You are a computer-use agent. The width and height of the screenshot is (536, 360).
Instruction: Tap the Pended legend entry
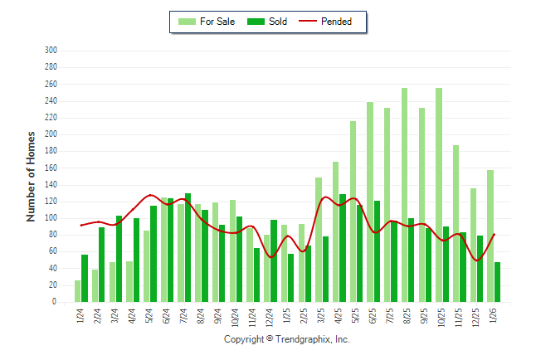click(331, 22)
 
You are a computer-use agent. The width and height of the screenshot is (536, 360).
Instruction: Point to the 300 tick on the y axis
click(51, 51)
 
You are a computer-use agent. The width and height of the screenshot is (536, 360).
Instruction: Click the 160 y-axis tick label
click(51, 168)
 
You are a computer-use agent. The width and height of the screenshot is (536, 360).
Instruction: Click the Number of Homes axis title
click(32, 176)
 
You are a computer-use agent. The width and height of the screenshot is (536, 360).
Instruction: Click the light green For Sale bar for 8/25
click(404, 195)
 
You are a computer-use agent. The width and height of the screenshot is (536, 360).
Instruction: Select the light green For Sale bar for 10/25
click(439, 195)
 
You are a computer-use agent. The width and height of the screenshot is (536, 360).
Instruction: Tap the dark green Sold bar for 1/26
click(498, 282)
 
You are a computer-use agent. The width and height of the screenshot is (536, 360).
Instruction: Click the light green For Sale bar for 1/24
click(78, 291)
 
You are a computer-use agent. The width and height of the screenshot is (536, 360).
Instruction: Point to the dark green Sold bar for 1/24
click(85, 279)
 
